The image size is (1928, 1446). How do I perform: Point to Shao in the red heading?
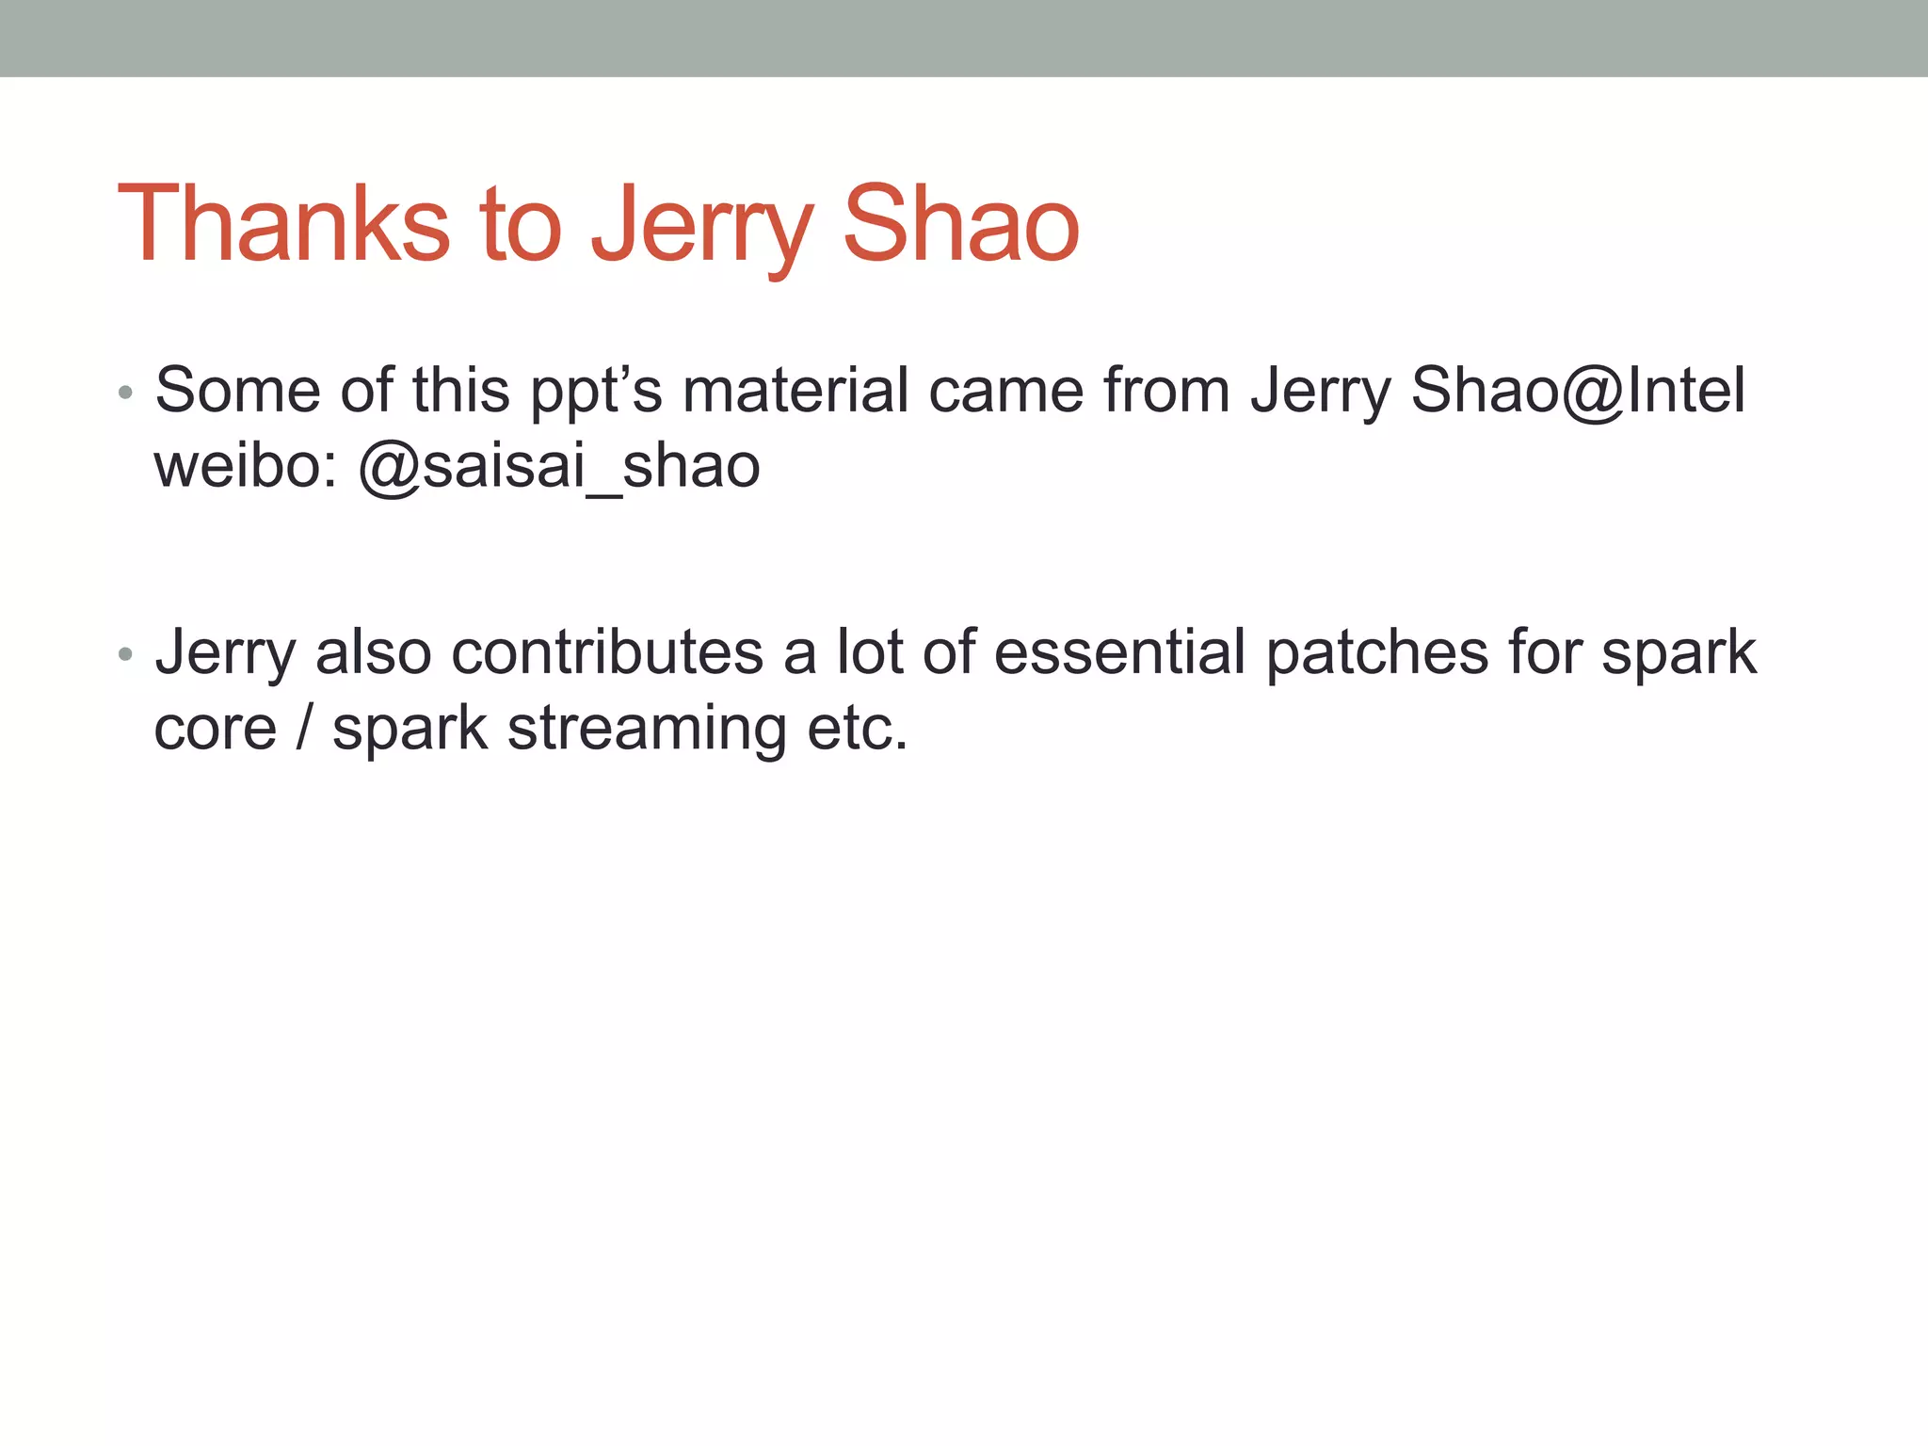(x=961, y=225)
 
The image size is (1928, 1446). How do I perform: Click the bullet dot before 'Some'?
(x=125, y=393)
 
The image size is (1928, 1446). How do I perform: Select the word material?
(x=795, y=390)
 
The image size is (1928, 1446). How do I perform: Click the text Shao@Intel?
(x=1578, y=390)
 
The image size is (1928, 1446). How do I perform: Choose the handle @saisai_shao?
(x=559, y=467)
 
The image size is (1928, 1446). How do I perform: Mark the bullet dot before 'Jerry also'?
(x=125, y=654)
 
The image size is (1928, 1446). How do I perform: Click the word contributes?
(x=607, y=652)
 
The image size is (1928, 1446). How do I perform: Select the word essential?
(x=1119, y=652)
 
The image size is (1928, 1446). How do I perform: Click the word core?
(x=216, y=729)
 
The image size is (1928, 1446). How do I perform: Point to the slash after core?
(x=303, y=728)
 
